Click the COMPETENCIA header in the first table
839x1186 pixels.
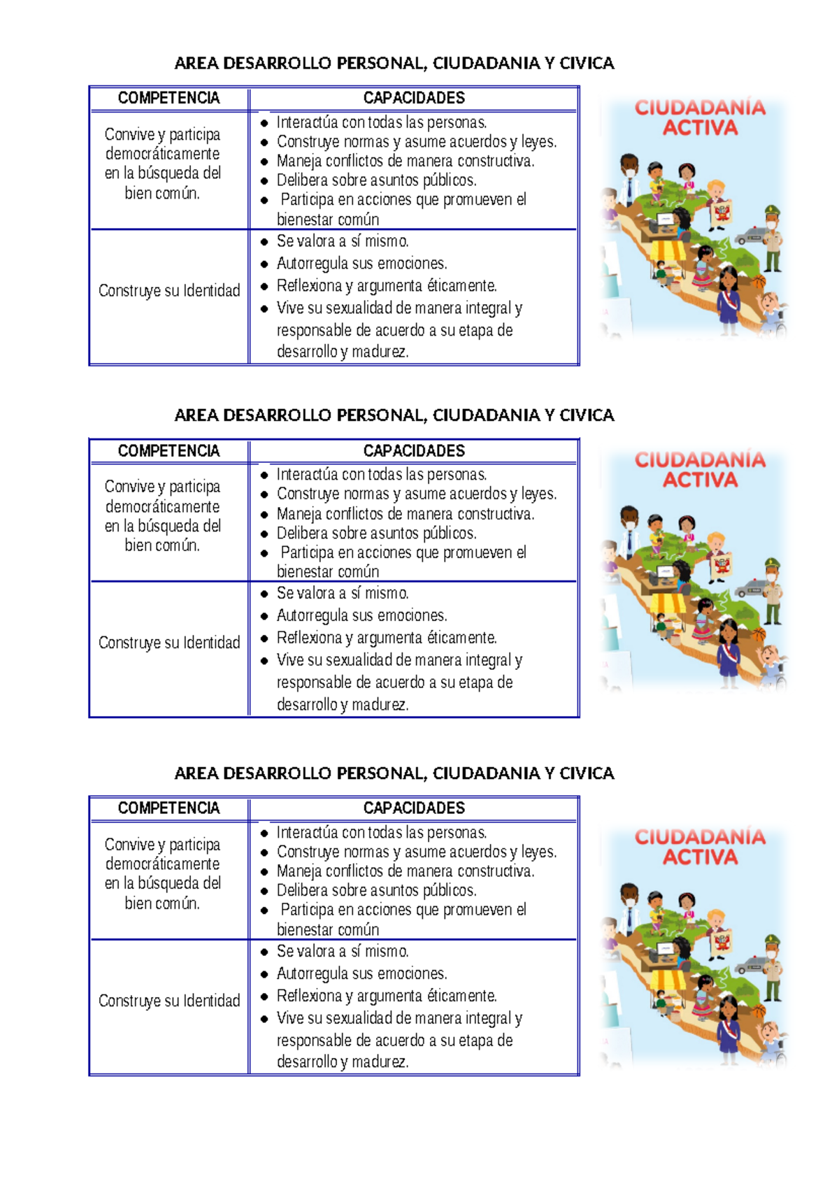coord(168,98)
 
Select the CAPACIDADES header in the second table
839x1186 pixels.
coord(414,451)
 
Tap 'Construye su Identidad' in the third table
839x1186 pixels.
coord(169,1001)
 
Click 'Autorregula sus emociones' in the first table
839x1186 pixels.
coord(361,264)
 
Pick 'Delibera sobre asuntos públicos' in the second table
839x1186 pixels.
coord(376,534)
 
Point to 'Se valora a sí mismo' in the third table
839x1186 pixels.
coord(343,951)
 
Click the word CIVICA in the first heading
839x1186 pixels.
coord(587,64)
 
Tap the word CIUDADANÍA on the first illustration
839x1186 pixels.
coord(700,108)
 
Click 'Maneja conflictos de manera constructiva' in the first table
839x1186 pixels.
coord(405,162)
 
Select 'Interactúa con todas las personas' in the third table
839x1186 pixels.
coord(382,833)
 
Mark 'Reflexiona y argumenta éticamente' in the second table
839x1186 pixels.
coord(387,638)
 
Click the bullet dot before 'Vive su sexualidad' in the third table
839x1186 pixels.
coord(264,1019)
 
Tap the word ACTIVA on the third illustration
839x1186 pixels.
coord(700,857)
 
